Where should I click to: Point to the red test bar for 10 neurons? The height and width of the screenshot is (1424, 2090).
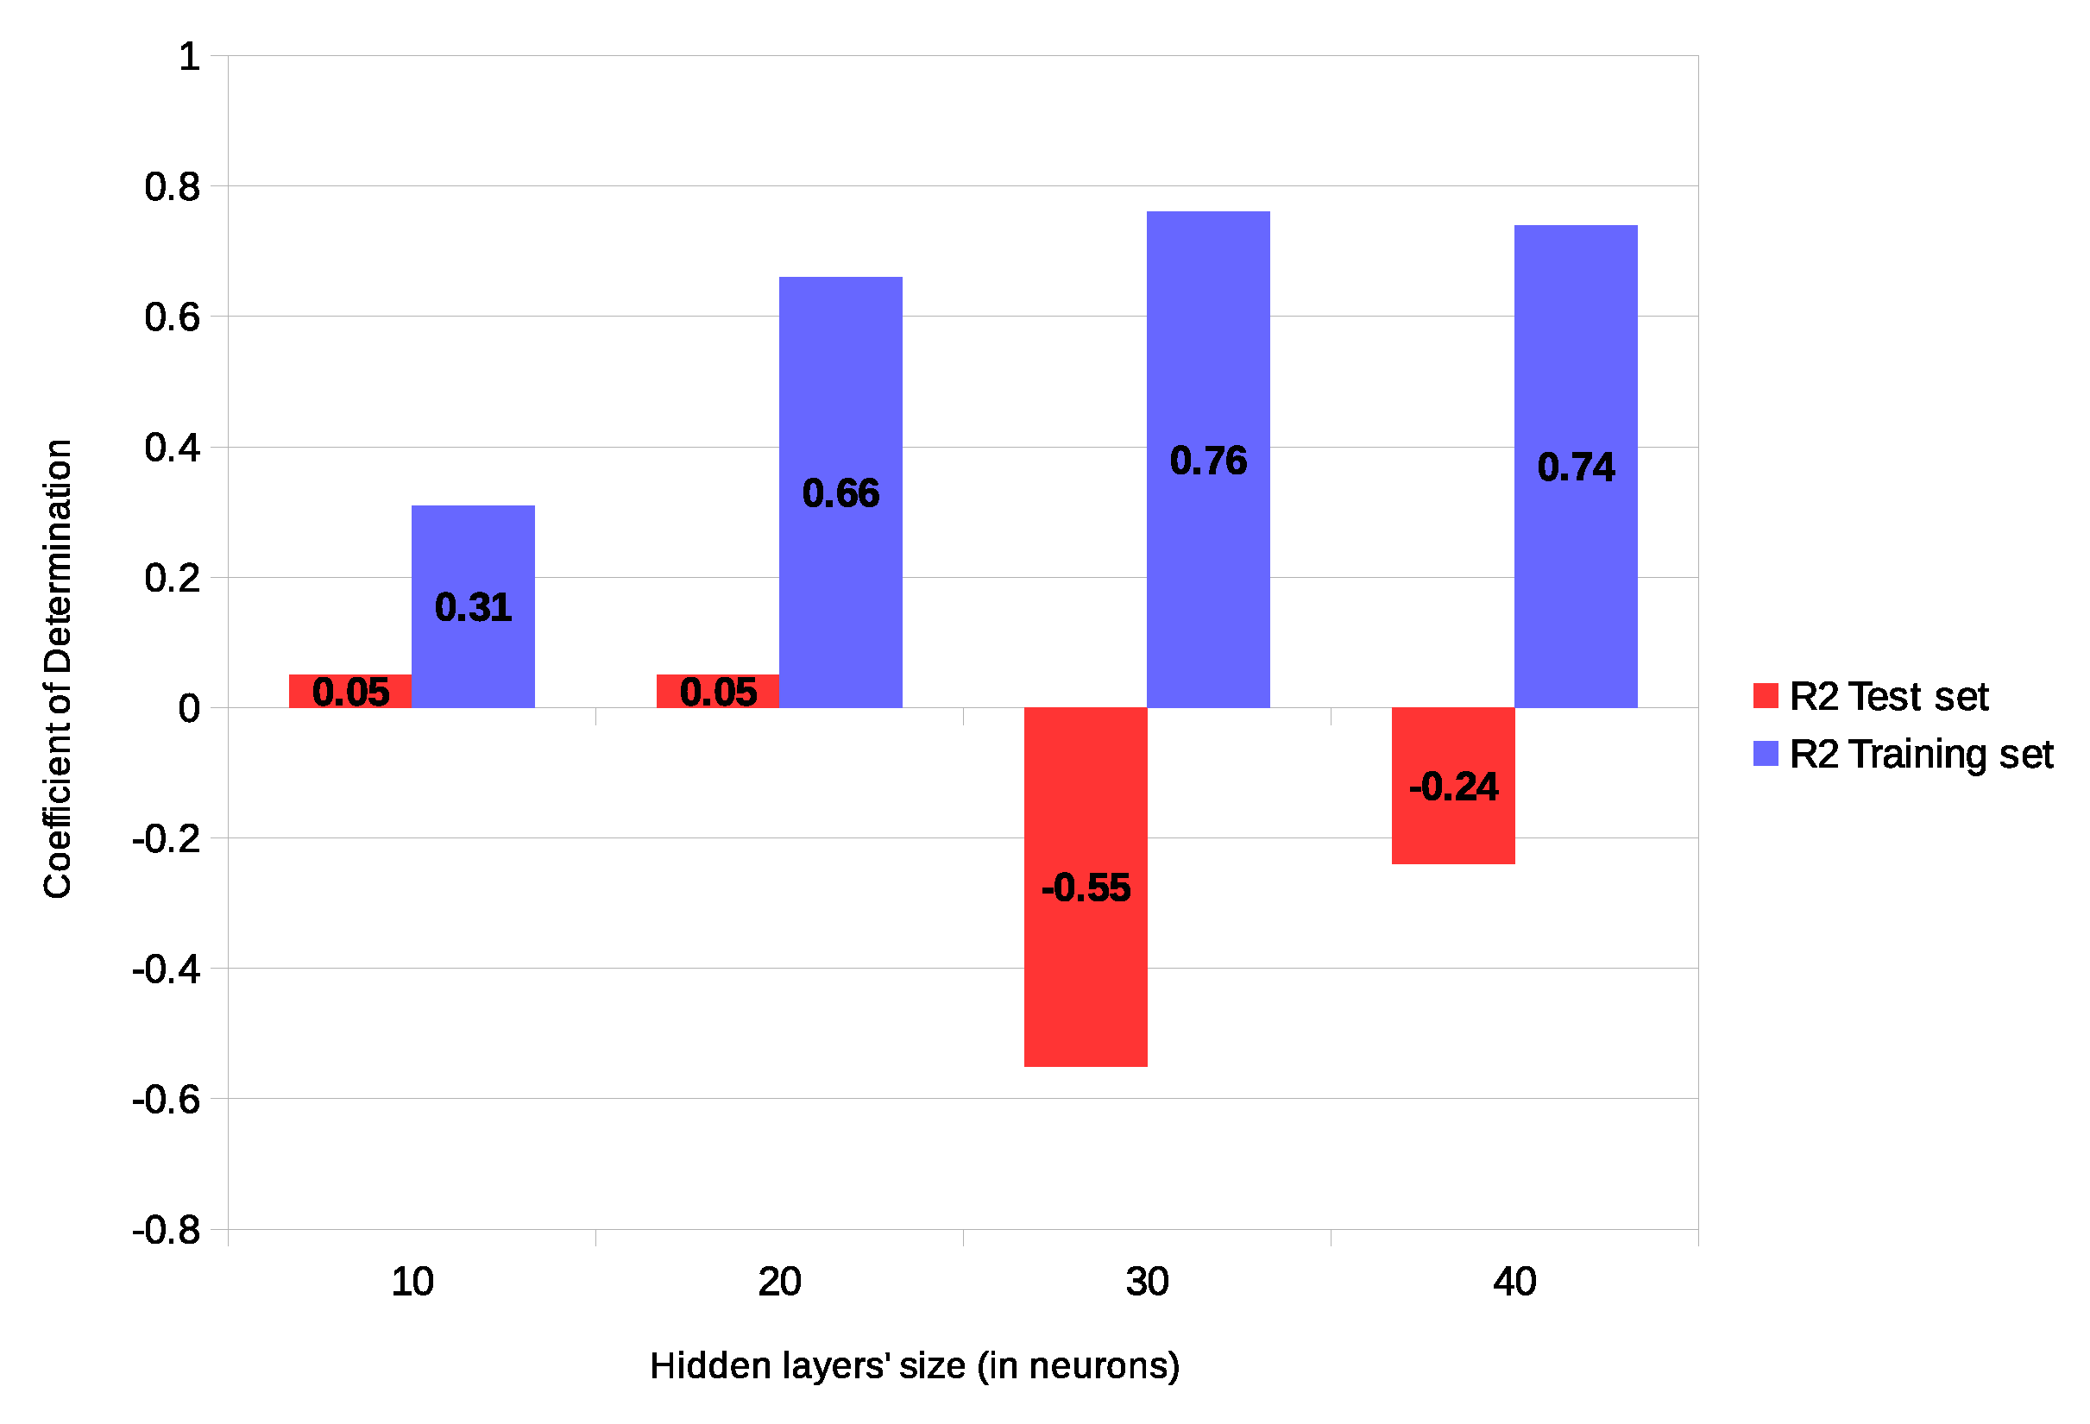click(349, 692)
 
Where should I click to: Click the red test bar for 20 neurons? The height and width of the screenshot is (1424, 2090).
click(717, 692)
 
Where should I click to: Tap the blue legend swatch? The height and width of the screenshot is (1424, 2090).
click(1766, 754)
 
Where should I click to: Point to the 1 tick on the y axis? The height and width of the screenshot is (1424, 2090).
click(189, 57)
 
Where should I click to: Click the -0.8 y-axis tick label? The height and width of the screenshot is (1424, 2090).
click(167, 1230)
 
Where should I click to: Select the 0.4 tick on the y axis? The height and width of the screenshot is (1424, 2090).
click(172, 448)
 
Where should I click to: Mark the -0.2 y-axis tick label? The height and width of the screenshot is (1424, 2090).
click(167, 838)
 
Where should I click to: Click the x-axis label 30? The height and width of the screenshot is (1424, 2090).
click(1147, 1282)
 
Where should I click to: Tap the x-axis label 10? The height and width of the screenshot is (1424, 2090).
click(412, 1282)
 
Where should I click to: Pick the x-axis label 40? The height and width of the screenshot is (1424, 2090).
click(1514, 1282)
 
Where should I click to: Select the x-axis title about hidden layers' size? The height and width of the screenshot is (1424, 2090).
click(914, 1365)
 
